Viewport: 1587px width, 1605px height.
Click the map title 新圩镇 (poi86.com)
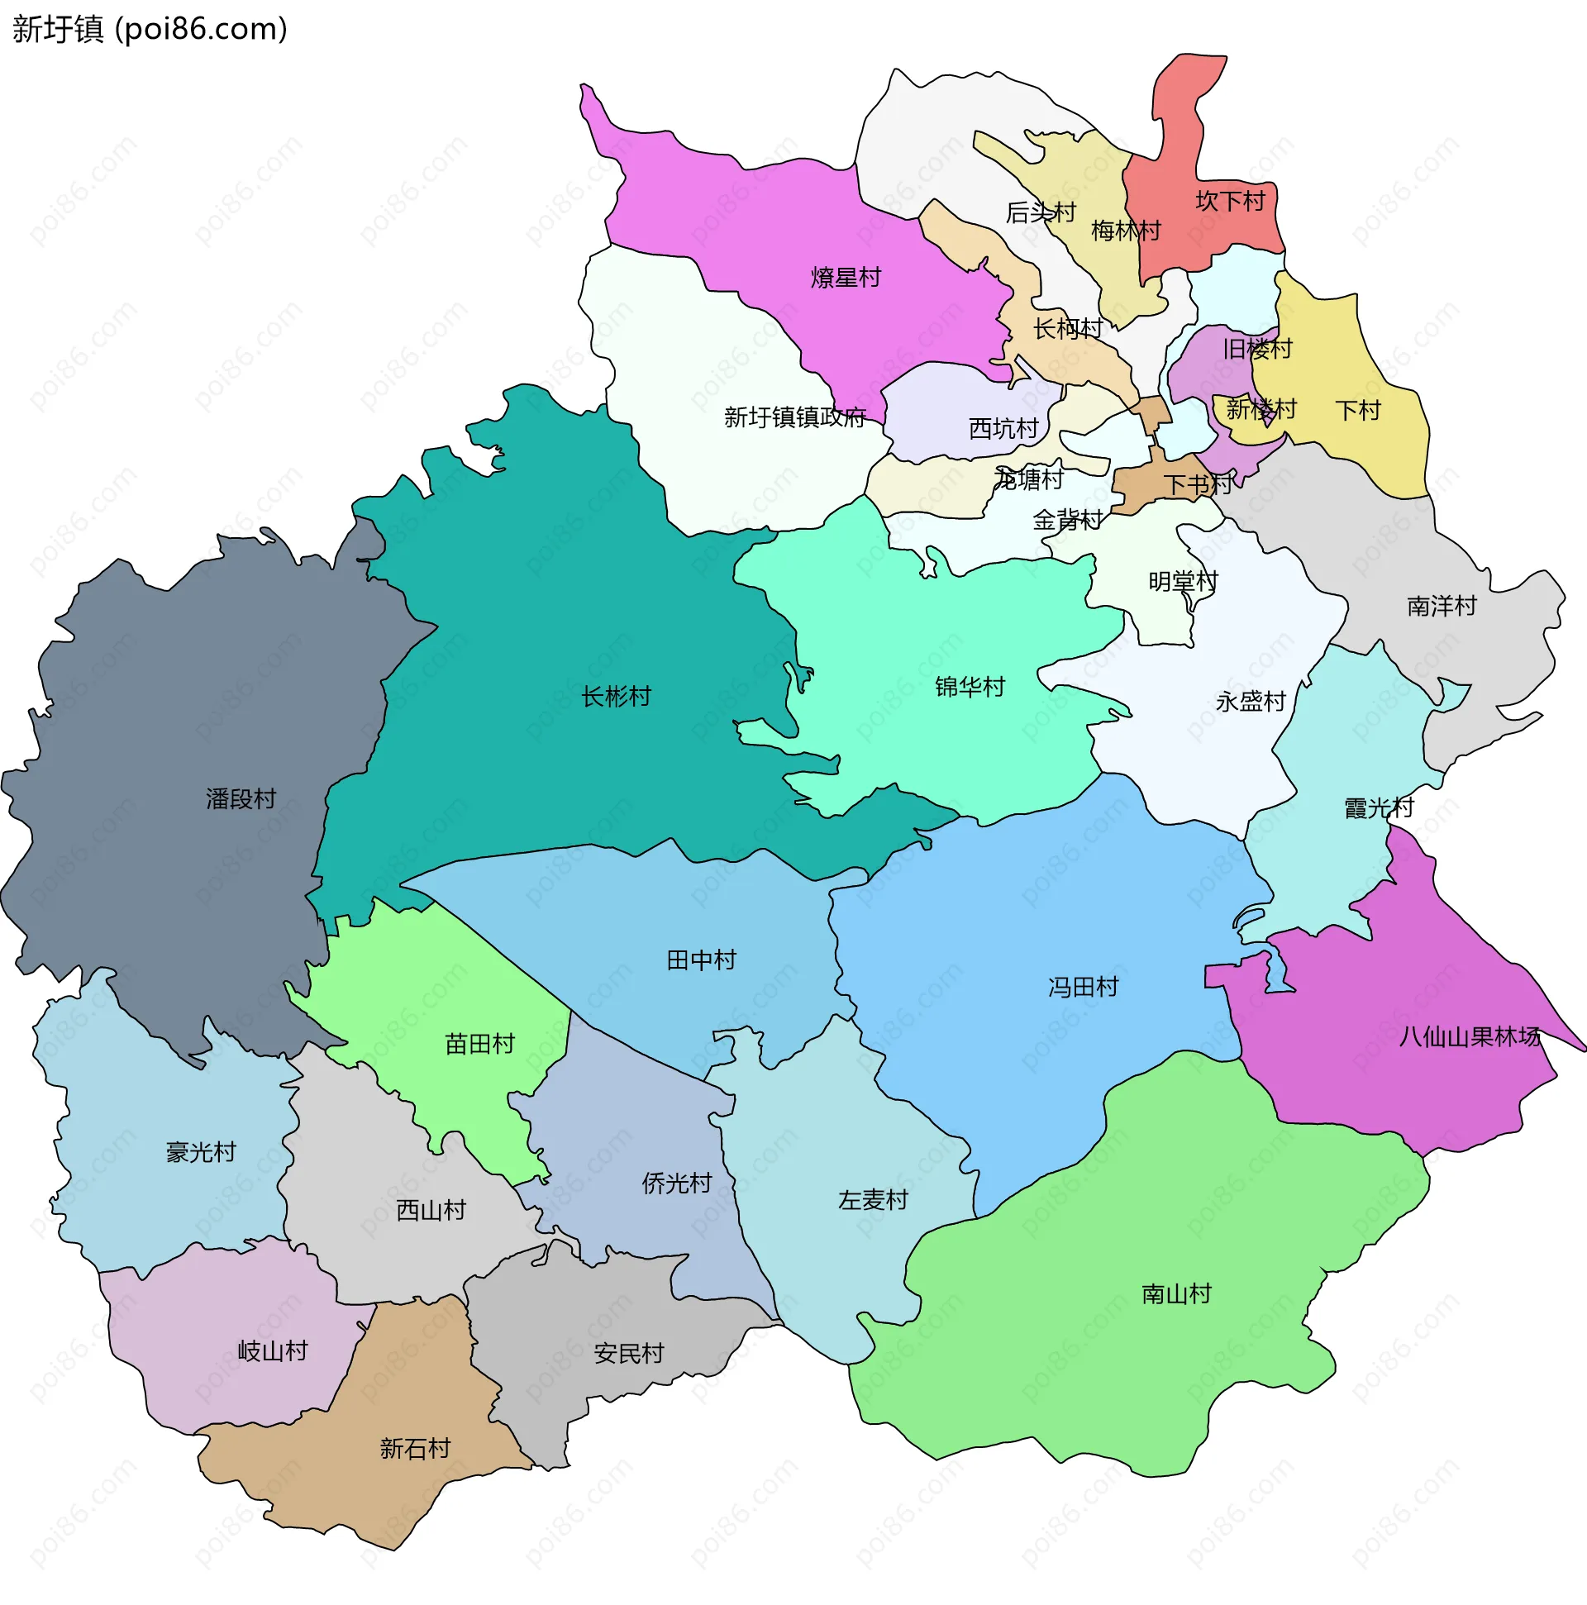[x=150, y=29]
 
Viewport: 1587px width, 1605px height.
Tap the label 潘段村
[x=241, y=799]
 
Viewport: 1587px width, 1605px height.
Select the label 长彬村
[x=616, y=696]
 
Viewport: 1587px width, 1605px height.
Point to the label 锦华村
[x=970, y=687]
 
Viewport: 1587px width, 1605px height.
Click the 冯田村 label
[x=1083, y=987]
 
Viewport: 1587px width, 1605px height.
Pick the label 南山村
[x=1175, y=1293]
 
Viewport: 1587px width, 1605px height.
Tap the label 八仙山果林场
[x=1469, y=1036]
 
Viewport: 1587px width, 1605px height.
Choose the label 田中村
[x=701, y=960]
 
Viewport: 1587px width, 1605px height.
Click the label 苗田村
[x=479, y=1044]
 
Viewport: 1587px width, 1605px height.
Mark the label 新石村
[x=415, y=1449]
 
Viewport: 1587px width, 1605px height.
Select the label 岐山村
[x=273, y=1350]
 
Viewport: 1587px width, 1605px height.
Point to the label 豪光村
[x=201, y=1152]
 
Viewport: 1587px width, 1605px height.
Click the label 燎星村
[x=846, y=278]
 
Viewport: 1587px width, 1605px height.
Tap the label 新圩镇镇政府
[x=794, y=417]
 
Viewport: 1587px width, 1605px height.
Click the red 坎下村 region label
[x=1230, y=201]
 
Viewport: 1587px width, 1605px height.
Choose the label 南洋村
[x=1442, y=607]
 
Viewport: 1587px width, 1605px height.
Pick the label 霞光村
[x=1379, y=807]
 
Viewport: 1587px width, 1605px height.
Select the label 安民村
[x=629, y=1354]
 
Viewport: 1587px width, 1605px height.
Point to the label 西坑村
[x=1003, y=429]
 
